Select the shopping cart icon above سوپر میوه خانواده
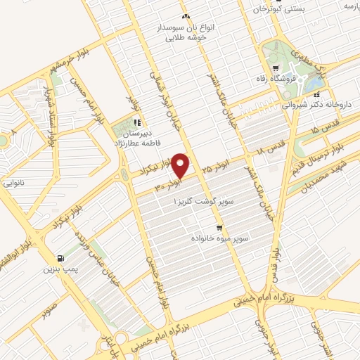point(220,228)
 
